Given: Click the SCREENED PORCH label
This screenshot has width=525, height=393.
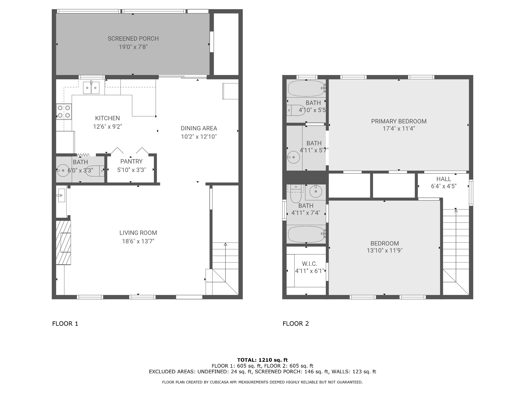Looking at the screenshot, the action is (x=133, y=39).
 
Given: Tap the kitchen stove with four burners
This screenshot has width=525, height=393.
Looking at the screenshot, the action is (x=64, y=112).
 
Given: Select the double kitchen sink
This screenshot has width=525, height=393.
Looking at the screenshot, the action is (x=91, y=88).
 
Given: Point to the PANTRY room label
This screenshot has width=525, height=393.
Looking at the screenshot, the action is (x=132, y=161).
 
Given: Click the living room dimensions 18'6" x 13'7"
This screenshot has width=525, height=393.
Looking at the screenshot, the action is (x=138, y=241).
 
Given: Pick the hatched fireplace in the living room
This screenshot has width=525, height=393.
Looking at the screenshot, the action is (x=63, y=243).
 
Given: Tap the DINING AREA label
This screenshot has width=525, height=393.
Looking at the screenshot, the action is (x=199, y=128).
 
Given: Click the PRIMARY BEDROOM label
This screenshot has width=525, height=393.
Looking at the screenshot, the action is (x=399, y=121).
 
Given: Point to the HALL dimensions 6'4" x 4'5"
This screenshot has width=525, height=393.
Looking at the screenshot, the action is (x=444, y=186).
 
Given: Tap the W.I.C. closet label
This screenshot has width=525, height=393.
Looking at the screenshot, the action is (x=309, y=264).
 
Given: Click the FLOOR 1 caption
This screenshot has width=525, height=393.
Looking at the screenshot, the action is (x=65, y=324).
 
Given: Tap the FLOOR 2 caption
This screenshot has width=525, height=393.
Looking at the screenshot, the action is (x=296, y=324).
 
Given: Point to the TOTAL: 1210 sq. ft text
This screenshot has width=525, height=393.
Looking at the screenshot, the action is (x=262, y=360).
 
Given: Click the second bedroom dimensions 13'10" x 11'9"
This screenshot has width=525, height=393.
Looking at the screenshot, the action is (x=385, y=250).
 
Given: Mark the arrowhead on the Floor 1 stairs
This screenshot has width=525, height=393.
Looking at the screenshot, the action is (x=225, y=244).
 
